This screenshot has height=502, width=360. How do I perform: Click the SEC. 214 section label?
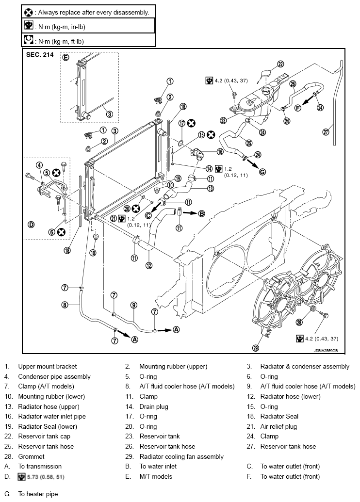[x=40, y=55]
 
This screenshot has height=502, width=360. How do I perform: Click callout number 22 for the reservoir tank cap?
[x=280, y=64]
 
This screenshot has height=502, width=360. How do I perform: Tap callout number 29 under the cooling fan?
[x=255, y=348]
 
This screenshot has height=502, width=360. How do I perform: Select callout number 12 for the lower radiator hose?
[x=148, y=265]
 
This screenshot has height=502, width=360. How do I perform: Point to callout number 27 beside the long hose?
[x=326, y=132]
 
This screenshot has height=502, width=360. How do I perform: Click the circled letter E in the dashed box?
[x=65, y=58]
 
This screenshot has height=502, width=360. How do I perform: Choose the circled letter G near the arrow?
[x=262, y=172]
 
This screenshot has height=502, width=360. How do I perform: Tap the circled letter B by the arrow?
[x=201, y=213]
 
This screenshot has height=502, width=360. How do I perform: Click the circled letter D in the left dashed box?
[x=31, y=225]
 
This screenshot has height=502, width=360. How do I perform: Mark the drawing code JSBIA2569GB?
[x=326, y=351]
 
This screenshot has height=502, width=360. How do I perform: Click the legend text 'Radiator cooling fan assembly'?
[x=181, y=456]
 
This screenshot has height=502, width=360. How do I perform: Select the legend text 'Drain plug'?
[x=154, y=406]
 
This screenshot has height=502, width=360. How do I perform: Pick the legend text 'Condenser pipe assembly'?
[x=54, y=376]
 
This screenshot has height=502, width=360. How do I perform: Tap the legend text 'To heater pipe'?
[x=38, y=494]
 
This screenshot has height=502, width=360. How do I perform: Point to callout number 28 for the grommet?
[x=299, y=322]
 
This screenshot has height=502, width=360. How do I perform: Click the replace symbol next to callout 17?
[x=191, y=123]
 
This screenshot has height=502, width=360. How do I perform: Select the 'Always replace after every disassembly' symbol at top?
[x=29, y=13]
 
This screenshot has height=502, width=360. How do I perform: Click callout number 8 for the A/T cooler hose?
[x=65, y=305]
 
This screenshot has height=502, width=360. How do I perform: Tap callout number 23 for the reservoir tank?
[x=223, y=120]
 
